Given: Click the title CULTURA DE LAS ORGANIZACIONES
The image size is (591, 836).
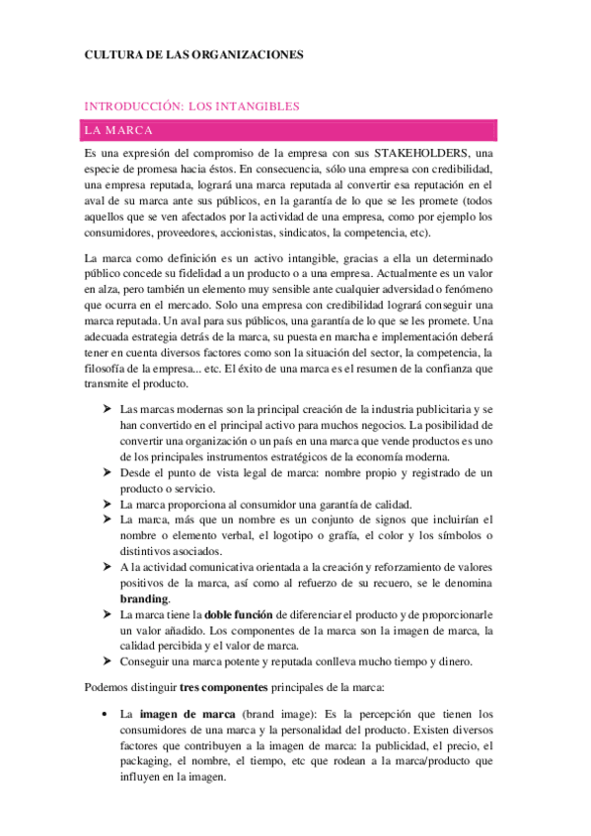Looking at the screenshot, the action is [x=193, y=55].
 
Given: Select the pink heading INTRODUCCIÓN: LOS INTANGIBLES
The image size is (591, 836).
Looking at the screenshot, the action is [x=191, y=105].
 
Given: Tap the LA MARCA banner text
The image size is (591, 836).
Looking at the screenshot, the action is [x=117, y=130].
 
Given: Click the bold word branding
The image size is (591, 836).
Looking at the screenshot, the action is [x=144, y=598].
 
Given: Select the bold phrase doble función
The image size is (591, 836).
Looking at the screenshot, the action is [x=240, y=614].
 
